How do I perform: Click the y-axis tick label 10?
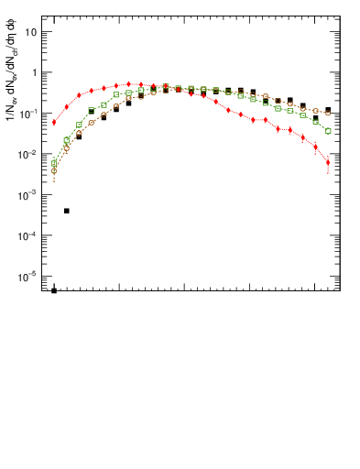point(30,32)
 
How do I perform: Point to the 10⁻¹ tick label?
point(29,113)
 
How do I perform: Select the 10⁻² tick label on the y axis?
point(29,154)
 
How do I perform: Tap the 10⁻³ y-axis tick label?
point(29,195)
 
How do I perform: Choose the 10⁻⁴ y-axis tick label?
point(29,235)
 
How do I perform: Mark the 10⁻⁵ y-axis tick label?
point(29,277)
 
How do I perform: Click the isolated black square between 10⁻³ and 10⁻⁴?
point(67,211)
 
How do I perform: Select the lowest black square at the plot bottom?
point(54,290)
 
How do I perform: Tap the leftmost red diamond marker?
point(54,122)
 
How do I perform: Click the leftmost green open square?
point(54,164)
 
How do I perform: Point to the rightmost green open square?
point(328,131)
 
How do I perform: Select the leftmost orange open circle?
point(54,171)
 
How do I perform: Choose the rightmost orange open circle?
point(328,114)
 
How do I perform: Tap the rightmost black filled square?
point(328,110)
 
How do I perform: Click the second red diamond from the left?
point(67,106)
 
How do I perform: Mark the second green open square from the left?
point(67,140)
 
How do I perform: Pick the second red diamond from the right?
point(315,147)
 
